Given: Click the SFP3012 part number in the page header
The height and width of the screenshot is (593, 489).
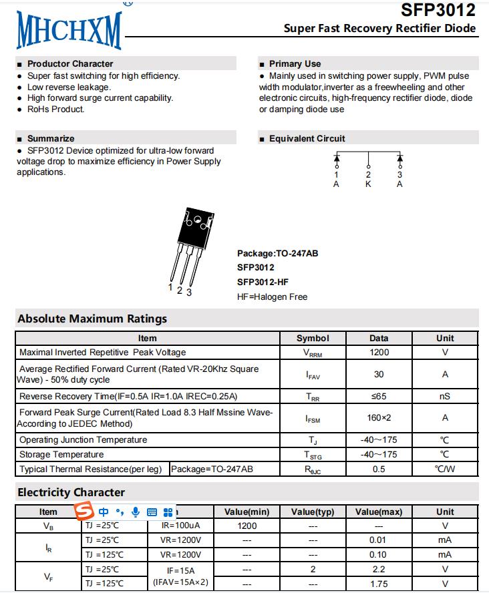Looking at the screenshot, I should click(438, 11).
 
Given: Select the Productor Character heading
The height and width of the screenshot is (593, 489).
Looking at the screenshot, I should click(70, 64).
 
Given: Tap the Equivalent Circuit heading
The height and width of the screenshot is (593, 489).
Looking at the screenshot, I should click(307, 139).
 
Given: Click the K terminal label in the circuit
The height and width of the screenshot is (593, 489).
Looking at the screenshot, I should click(368, 184).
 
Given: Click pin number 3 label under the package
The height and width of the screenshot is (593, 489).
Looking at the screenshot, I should click(189, 292).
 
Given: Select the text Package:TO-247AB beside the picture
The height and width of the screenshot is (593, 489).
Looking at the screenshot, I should click(277, 254).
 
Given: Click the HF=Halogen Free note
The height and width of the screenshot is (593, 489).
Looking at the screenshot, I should click(272, 296).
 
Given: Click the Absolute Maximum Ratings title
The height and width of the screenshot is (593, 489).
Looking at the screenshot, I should click(92, 319).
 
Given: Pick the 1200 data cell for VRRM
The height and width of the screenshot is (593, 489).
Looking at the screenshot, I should click(379, 352).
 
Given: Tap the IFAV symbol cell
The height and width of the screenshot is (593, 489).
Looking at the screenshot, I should click(313, 375).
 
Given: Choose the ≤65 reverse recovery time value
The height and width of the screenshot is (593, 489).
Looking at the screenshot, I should click(379, 396).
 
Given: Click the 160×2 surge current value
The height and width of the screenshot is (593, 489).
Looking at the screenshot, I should click(379, 418).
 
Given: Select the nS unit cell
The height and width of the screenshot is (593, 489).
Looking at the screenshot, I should click(445, 396).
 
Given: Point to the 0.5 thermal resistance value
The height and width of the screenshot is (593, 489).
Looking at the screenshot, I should click(379, 469).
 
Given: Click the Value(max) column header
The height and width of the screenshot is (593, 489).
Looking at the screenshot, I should click(379, 512).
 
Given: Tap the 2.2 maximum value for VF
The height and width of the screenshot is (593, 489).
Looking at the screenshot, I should click(379, 570).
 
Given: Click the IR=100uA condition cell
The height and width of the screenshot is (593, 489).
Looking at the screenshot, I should click(180, 526).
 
